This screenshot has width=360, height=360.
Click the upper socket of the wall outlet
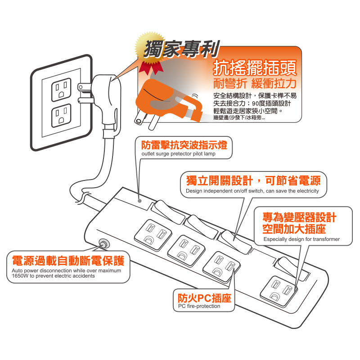tap(61, 90)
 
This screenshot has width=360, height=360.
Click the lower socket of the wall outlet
tap(61, 116)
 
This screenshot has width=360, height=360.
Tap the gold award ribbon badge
tap(150, 53)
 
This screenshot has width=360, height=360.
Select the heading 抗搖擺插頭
tap(255, 67)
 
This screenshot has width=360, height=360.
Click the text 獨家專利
tap(182, 49)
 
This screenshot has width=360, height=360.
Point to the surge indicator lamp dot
tap(139, 201)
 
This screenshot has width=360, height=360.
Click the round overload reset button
tap(104, 243)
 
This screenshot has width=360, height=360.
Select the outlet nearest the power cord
tap(153, 234)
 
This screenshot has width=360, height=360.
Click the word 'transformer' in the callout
tap(326, 239)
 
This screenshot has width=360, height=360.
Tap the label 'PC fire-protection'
tap(199, 306)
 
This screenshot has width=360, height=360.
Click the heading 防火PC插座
tap(205, 298)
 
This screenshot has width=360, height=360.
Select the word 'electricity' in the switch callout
tap(308, 191)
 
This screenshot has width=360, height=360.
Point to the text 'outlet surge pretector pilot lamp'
tap(178, 154)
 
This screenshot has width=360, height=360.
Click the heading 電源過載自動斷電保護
tap(68, 261)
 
